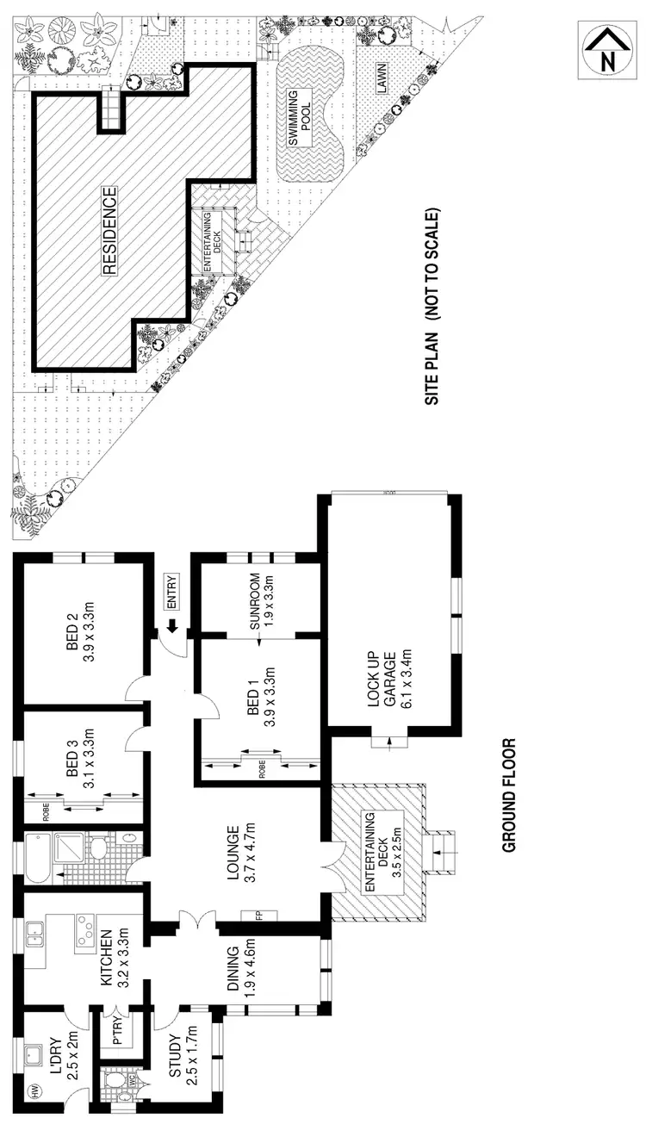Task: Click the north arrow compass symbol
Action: (x=608, y=52)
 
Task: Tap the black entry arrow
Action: (x=171, y=626)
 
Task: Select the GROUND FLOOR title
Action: (x=508, y=794)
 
